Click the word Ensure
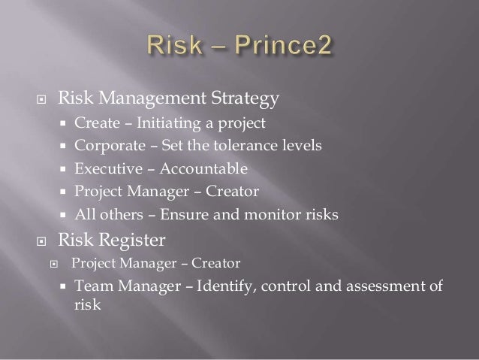(x=176, y=216)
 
